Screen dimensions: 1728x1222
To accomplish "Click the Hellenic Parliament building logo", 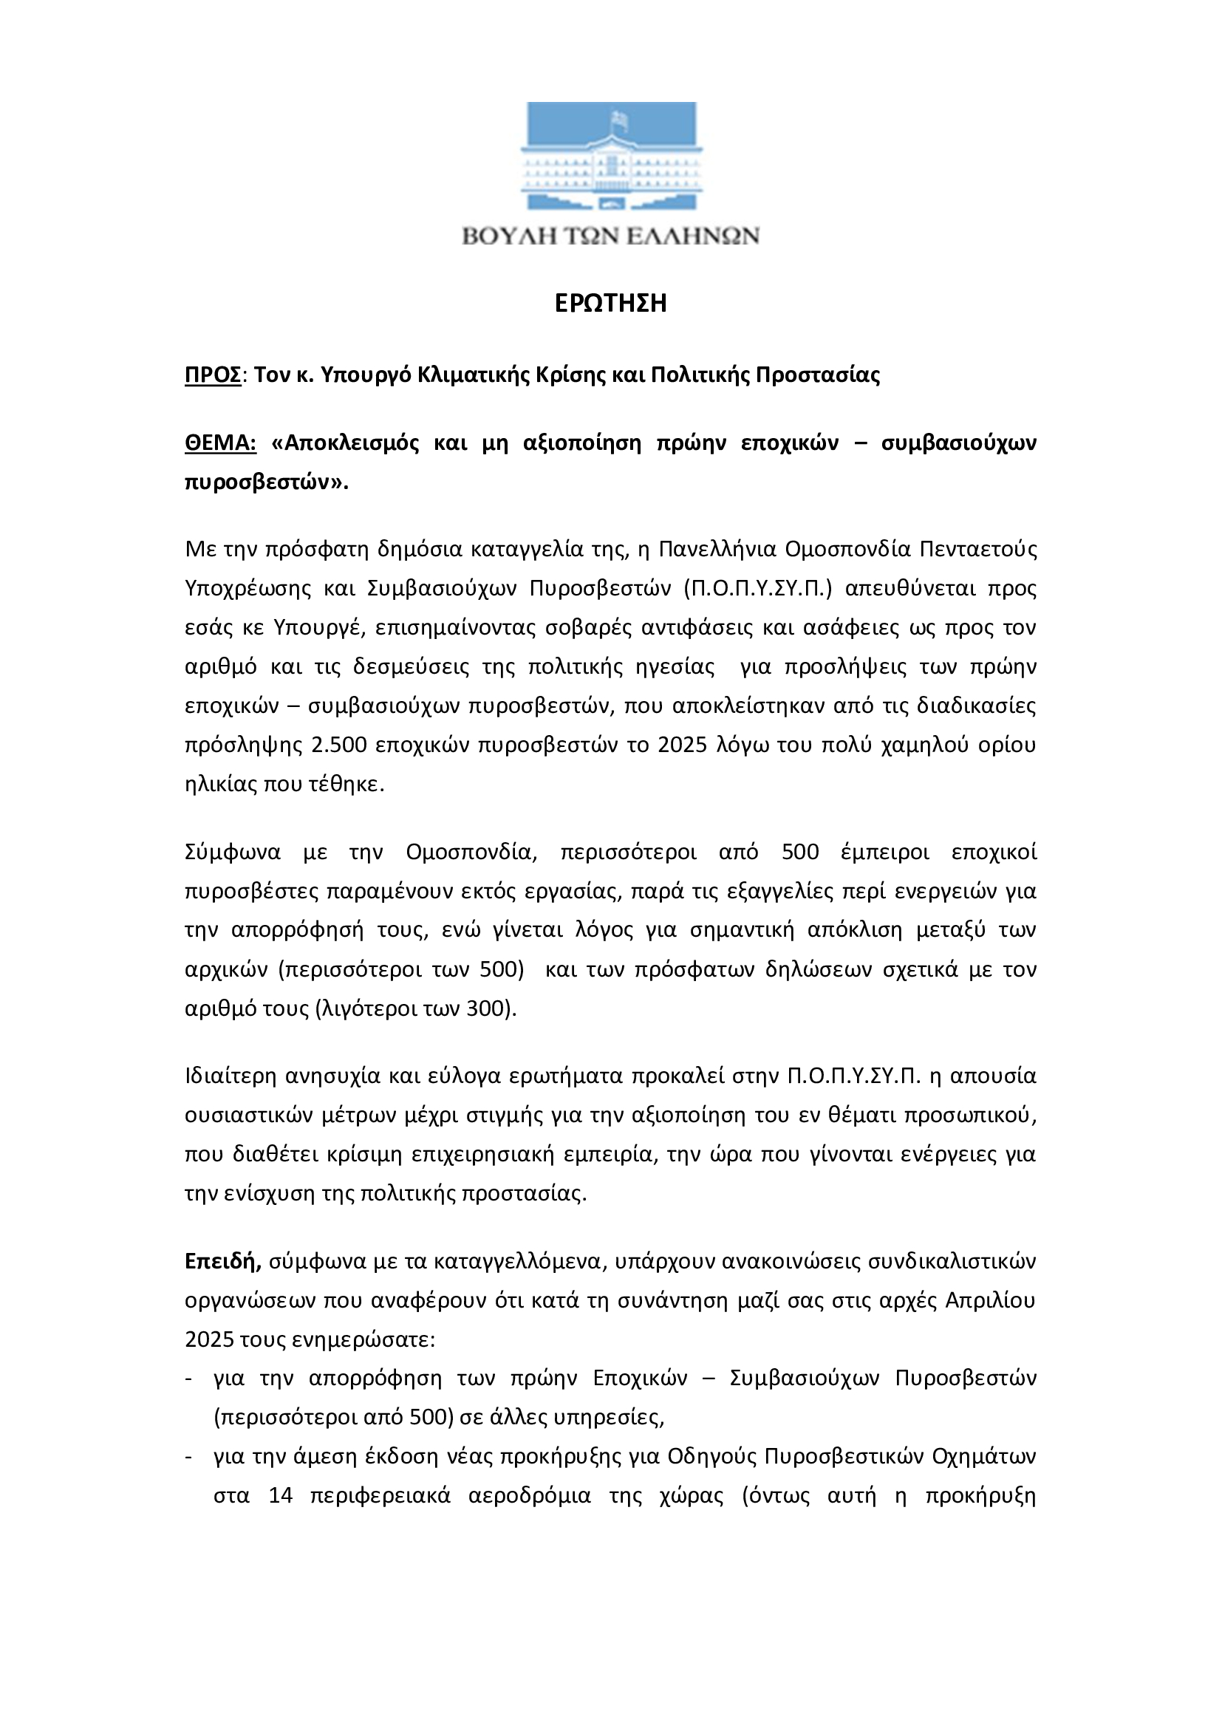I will click(x=610, y=157).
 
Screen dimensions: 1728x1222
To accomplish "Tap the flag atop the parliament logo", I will click(x=619, y=119).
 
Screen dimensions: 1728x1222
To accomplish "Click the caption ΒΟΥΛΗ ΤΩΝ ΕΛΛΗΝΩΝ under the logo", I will click(x=610, y=236).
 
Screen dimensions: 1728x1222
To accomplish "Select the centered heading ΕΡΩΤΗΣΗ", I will click(x=610, y=304).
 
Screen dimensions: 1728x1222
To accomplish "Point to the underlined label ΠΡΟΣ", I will click(x=213, y=375).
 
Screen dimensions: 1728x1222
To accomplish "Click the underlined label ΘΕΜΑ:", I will click(x=220, y=443).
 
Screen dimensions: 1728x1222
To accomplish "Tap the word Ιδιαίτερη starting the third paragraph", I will click(x=231, y=1076).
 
